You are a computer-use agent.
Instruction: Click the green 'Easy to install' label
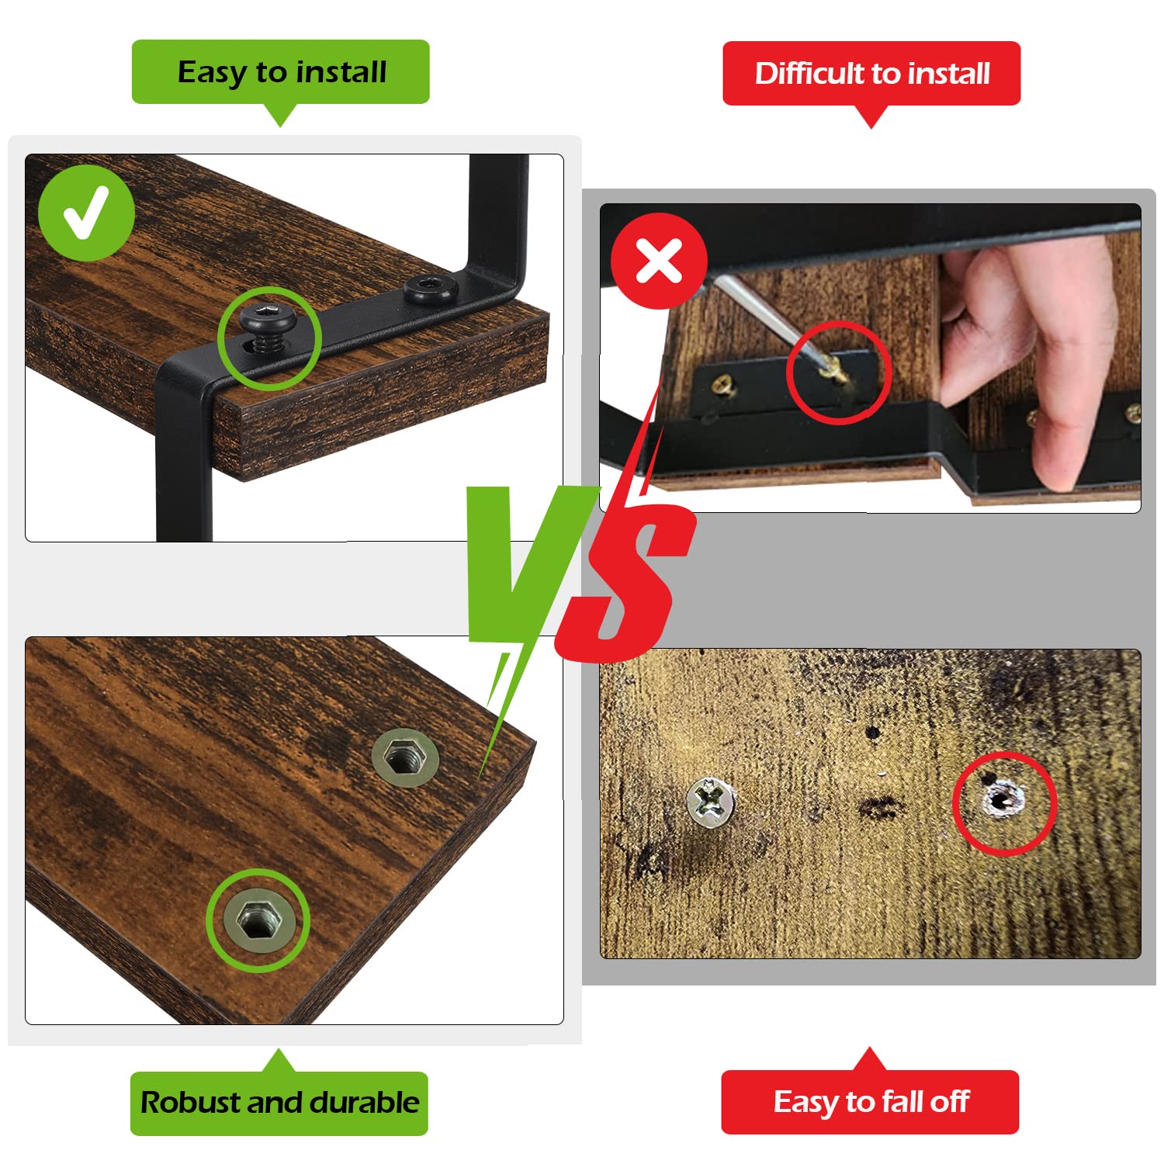coord(281,72)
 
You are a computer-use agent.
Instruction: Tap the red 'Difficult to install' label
coord(871,74)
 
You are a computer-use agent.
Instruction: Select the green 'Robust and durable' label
coord(279,1103)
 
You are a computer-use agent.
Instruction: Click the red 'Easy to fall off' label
coord(870,1102)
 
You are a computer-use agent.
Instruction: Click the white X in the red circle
coord(659,260)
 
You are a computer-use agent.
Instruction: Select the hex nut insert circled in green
coord(258,920)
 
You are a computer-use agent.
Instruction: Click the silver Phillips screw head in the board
coord(711,800)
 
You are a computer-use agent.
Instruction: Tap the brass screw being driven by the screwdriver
coord(835,372)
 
